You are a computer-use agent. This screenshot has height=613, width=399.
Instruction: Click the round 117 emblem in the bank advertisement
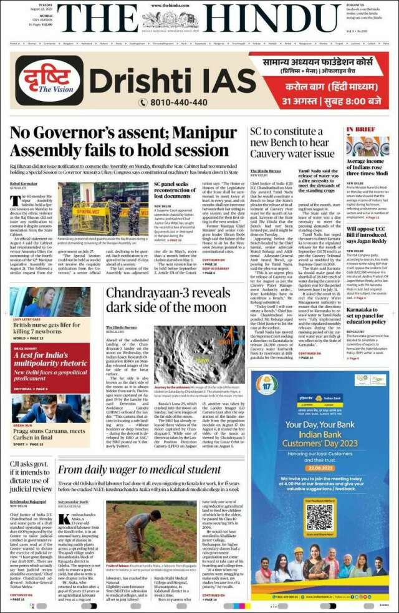coord(264,382)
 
